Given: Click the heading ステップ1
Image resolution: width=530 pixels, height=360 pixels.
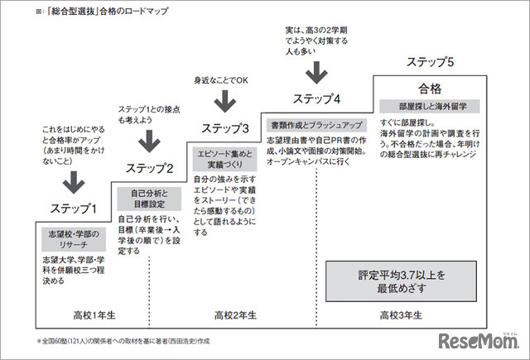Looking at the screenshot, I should click(x=74, y=209).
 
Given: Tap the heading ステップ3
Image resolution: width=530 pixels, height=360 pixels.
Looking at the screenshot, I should click(x=225, y=128).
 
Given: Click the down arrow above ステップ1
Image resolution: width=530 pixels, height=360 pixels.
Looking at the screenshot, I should click(x=75, y=180).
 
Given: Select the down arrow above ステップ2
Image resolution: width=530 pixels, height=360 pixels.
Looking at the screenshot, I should click(x=149, y=142).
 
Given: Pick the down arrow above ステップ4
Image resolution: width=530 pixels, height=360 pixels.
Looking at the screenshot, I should click(x=316, y=70).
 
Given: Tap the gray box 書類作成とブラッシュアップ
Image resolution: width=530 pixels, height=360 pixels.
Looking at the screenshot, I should click(x=316, y=125).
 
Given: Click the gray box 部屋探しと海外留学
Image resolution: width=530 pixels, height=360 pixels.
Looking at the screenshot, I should click(x=429, y=107).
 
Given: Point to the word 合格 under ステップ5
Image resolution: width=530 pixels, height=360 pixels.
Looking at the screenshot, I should click(x=429, y=88).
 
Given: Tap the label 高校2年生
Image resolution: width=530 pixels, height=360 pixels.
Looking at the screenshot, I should click(x=236, y=314).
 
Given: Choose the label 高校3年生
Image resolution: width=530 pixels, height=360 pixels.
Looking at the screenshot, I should click(x=401, y=314).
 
